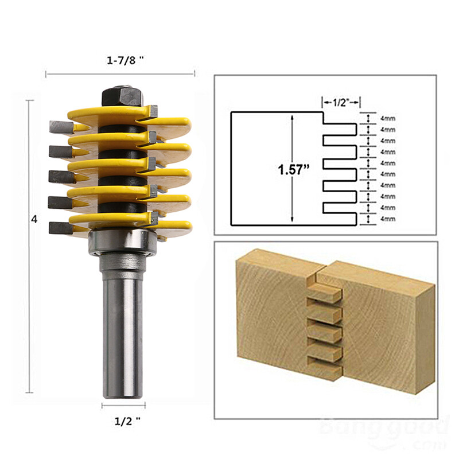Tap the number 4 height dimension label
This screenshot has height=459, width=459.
tap(35, 220)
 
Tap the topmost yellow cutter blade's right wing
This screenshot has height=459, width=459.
tap(172, 122)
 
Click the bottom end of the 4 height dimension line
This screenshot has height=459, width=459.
tap(30, 392)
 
